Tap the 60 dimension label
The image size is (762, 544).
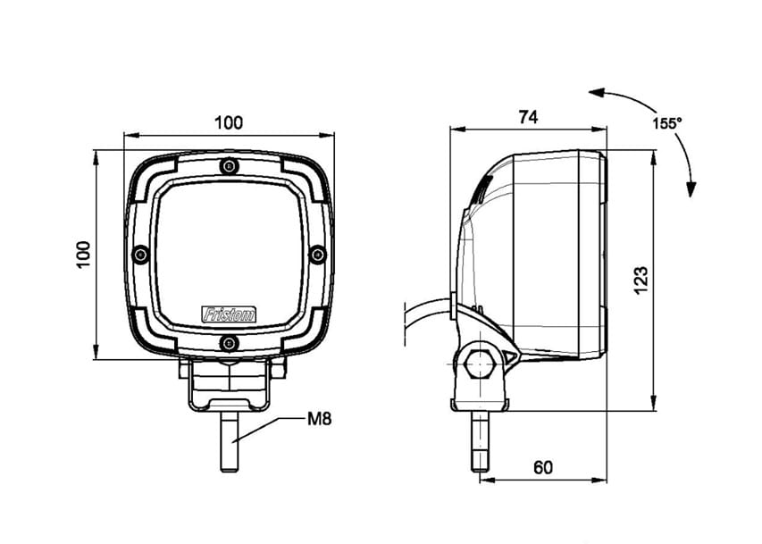[542, 466]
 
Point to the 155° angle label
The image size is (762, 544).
[666, 124]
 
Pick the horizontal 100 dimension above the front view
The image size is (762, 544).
[229, 122]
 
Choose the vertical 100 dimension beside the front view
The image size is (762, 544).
[84, 255]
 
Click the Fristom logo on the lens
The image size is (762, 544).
[229, 314]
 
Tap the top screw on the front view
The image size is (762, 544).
[229, 165]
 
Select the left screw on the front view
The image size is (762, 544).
[139, 255]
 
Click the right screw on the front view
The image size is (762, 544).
[317, 255]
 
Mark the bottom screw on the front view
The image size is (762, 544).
[229, 344]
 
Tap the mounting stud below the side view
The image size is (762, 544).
[481, 442]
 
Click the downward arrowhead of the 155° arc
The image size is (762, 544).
[691, 188]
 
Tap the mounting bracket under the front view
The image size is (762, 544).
[229, 384]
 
